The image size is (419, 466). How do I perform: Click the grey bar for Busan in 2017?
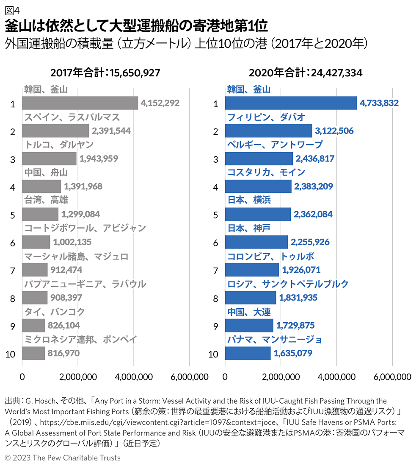(80, 103)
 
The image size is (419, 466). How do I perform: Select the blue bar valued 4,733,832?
(291, 103)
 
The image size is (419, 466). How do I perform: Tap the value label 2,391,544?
(111, 131)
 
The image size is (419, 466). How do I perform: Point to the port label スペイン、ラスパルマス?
(72, 117)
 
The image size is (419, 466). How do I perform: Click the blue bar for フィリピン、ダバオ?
(268, 131)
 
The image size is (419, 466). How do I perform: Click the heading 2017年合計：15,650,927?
(105, 73)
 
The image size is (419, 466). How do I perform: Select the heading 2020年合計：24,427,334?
(305, 73)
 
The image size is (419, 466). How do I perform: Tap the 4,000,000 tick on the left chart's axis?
(134, 377)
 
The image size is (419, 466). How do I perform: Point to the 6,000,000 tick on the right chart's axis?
(392, 377)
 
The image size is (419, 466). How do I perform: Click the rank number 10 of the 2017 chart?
(12, 353)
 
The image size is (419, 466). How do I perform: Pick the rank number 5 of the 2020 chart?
(215, 215)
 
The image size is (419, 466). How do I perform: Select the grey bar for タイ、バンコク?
(33, 325)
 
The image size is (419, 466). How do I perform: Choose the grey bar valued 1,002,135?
(36, 242)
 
